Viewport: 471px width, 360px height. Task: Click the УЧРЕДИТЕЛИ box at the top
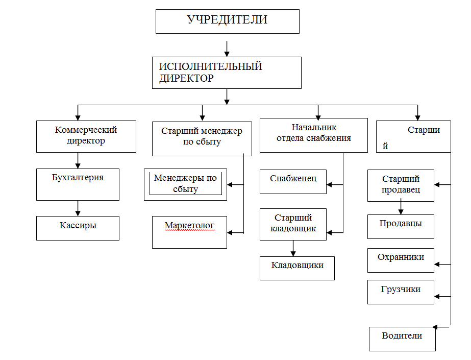click(227, 21)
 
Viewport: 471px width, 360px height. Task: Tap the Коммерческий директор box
click(86, 136)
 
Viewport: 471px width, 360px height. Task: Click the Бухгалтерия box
click(78, 184)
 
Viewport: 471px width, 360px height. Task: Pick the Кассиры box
click(78, 228)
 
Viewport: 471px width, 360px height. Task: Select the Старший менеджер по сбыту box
click(202, 138)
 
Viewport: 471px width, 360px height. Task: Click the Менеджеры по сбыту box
click(185, 184)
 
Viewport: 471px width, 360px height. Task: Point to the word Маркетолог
click(189, 225)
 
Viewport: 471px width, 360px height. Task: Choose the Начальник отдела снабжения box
click(313, 135)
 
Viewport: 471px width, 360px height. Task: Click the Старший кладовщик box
click(293, 224)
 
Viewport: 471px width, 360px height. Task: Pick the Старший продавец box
click(401, 185)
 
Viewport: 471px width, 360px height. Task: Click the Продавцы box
click(401, 226)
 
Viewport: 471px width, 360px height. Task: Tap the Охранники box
click(401, 260)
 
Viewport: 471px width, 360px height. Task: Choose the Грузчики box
click(401, 292)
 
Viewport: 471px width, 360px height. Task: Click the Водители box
click(402, 339)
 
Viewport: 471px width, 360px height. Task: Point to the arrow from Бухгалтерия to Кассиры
click(78, 208)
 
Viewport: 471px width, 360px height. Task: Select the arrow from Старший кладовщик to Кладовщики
click(293, 248)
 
